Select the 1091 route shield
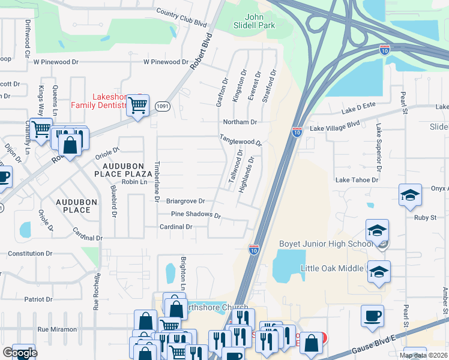pos(161,106)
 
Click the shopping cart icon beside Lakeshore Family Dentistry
pos(138,106)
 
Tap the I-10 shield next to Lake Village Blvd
pos(297,131)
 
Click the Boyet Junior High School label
pos(326,244)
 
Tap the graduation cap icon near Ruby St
pos(411,196)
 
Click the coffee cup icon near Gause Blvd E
pos(372,315)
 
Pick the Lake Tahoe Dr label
pos(357,179)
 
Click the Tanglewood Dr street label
pos(240,140)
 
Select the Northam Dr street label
pos(240,122)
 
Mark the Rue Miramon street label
pos(57,329)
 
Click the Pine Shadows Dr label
pos(196,214)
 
